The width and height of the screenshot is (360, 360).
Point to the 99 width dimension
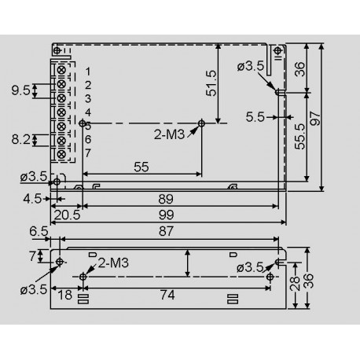[x=166, y=213]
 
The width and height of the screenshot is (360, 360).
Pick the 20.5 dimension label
[x=65, y=213]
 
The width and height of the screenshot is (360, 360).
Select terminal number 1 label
[x=88, y=72]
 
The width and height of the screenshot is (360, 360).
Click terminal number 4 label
[x=88, y=112]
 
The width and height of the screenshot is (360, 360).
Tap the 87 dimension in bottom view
[x=166, y=230]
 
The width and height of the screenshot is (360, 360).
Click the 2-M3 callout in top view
[x=171, y=134]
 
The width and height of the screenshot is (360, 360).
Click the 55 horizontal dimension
[x=141, y=167]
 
